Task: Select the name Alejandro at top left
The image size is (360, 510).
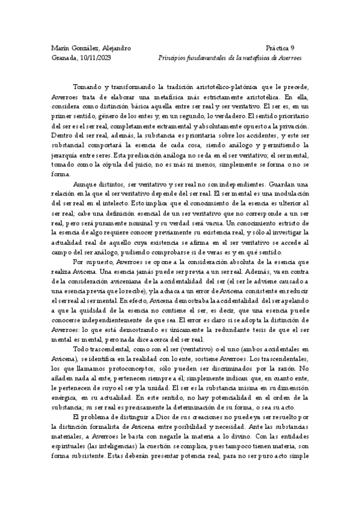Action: tap(114, 48)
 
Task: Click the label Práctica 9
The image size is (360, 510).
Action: tap(279, 48)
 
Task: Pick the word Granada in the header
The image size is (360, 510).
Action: tap(64, 58)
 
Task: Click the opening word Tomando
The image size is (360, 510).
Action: tap(87, 87)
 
